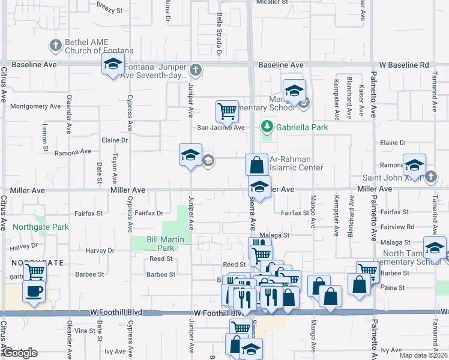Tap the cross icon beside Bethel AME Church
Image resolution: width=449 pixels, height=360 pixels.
(56, 46)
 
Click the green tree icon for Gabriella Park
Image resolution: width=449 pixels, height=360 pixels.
(267, 127)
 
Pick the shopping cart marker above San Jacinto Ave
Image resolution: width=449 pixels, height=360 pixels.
(227, 110)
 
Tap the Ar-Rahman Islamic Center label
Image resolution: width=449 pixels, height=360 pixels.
(297, 163)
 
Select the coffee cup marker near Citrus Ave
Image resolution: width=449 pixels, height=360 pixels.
(34, 292)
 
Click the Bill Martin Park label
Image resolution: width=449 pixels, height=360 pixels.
(160, 243)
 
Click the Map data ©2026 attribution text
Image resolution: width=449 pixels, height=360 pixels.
(423, 355)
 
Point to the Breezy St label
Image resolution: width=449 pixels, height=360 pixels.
(109, 10)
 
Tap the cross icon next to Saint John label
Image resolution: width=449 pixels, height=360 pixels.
(431, 177)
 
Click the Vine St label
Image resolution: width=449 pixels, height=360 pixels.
(85, 331)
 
